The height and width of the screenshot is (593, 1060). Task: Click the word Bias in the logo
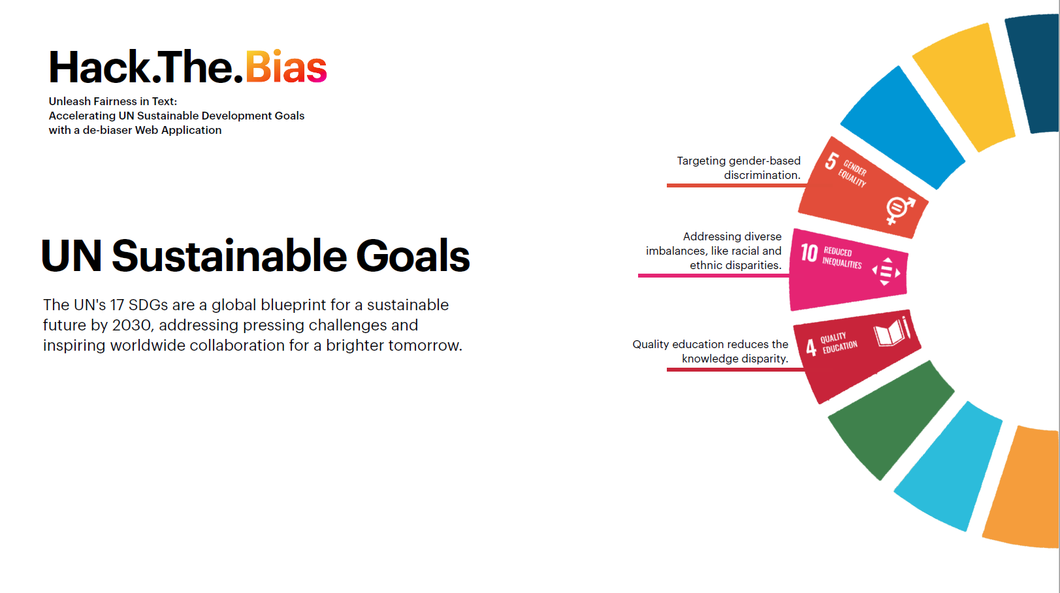coord(286,67)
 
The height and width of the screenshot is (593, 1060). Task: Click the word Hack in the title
coord(99,67)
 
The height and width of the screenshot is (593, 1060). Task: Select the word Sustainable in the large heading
coord(229,256)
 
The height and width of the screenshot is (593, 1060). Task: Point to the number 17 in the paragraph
coord(118,305)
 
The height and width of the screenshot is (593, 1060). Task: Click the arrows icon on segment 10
coord(886,271)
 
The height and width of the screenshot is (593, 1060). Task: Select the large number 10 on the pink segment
coord(809,253)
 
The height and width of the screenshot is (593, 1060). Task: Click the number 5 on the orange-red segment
coord(831,161)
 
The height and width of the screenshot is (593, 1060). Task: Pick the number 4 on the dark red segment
coord(811,347)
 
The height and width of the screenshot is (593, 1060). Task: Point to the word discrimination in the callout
coord(762,175)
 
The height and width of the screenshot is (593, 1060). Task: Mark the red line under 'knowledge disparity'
coord(736,370)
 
